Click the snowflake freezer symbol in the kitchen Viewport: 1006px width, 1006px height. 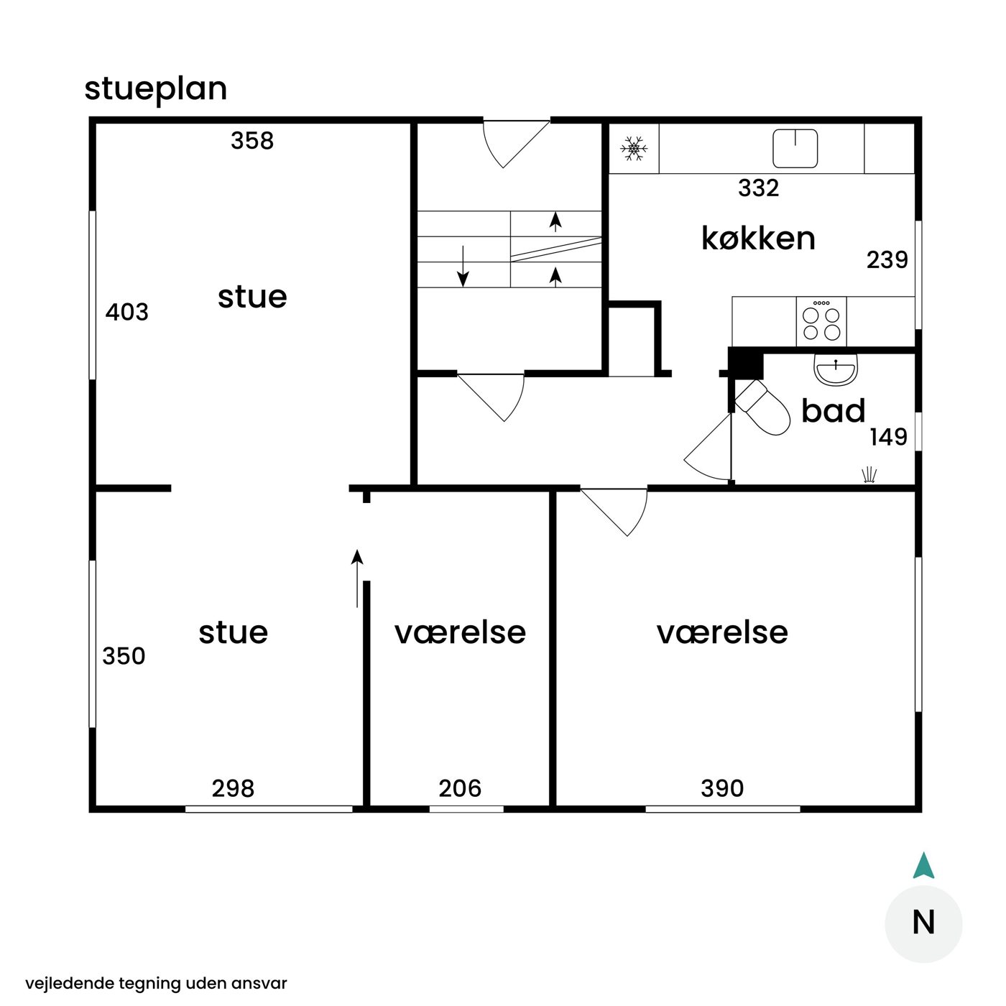point(633,149)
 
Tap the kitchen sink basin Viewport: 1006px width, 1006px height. point(795,148)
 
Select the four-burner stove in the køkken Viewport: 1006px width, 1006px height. point(821,321)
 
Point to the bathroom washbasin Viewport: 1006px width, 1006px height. point(835,369)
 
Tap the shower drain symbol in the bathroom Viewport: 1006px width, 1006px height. point(868,474)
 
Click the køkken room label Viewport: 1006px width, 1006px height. point(758,239)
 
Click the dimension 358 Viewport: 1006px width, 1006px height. point(252,140)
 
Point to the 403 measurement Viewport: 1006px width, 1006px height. point(127,312)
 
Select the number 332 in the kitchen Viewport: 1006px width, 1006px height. point(759,188)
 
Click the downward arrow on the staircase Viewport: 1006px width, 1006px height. point(463,266)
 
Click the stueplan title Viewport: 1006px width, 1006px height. point(156,89)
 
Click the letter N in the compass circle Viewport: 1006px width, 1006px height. point(923,923)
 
